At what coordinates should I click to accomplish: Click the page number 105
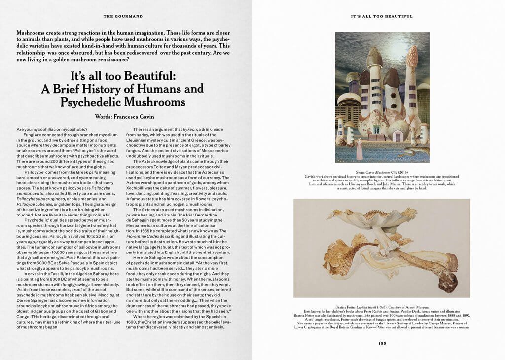[382, 344]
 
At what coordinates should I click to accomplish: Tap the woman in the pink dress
[360, 149]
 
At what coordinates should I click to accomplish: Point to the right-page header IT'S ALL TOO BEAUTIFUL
[381, 16]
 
